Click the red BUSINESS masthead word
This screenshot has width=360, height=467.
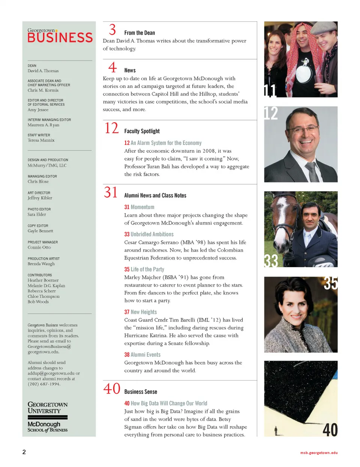[x=60, y=38]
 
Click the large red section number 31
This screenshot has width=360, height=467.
[x=111, y=192]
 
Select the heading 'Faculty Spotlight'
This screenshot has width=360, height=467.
[x=142, y=131]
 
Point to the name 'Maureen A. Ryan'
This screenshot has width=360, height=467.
[x=43, y=125]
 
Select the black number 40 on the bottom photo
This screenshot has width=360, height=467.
[x=330, y=429]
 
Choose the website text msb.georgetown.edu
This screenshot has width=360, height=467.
[x=319, y=453]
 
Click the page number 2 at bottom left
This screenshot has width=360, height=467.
[x=24, y=452]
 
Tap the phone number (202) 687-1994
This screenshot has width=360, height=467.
[x=44, y=384]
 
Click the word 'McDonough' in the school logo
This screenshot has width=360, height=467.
[x=44, y=424]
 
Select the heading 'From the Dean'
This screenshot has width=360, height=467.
[x=139, y=33]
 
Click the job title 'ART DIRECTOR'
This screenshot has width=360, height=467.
[x=39, y=193]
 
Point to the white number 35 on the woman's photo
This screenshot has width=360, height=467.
[x=330, y=284]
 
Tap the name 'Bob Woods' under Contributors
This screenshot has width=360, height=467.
[x=38, y=302]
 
